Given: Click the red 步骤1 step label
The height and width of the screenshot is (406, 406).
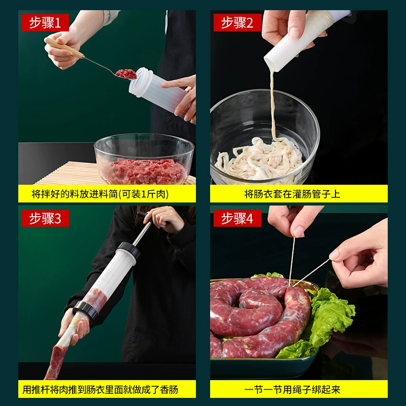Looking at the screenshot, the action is (45, 22).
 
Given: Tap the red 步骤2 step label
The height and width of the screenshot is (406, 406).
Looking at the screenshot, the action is (237, 22).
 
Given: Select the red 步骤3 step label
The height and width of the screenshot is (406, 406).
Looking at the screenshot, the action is (45, 218).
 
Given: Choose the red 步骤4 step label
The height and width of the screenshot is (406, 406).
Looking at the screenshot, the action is (237, 218).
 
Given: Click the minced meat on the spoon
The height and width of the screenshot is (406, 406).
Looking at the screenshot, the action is (126, 74).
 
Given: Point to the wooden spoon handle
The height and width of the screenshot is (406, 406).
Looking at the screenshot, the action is (64, 48).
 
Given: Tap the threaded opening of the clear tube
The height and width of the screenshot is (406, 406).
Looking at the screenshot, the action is (141, 81).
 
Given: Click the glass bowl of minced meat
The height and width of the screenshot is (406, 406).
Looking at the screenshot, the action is (144, 159).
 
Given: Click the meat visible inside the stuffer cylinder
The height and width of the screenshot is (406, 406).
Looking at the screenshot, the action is (95, 300).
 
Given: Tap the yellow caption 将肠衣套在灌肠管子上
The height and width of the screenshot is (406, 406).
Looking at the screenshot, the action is (292, 194).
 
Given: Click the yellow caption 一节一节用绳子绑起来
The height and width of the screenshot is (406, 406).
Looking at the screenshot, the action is (292, 389).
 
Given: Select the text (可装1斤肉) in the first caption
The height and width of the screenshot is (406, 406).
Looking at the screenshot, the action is (144, 194).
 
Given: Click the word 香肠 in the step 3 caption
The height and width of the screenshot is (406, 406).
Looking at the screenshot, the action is (169, 389).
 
